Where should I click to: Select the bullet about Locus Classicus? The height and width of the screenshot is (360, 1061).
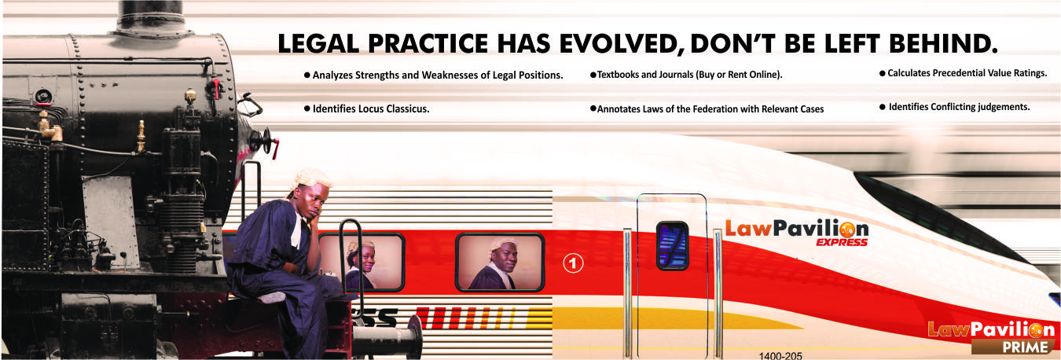coord(366,108)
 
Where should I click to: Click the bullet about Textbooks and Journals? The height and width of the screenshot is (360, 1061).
coord(686,75)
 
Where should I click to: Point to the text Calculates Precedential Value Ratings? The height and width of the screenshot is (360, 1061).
coord(964,73)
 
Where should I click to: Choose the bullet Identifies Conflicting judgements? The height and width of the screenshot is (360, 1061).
coord(955,107)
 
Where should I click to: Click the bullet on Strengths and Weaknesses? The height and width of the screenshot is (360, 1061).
coord(433,75)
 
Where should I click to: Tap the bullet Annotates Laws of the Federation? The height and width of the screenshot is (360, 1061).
coord(707,109)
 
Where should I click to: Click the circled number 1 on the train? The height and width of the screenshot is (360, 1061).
coord(573,263)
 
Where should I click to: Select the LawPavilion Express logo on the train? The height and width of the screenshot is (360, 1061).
coord(797,233)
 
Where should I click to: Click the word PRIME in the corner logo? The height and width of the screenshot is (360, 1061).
coord(1026,347)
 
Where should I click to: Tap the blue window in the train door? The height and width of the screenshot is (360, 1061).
coord(673,246)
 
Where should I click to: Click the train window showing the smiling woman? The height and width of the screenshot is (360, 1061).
coord(361,262)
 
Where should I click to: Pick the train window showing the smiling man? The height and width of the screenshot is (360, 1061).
coord(500,262)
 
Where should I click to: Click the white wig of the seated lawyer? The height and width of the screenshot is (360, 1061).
coord(310,179)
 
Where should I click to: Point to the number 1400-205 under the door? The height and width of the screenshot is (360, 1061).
coord(780,355)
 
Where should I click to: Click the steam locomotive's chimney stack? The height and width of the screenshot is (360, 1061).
coord(152,18)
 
